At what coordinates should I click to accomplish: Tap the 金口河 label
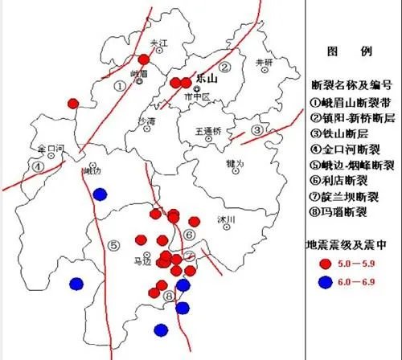tap(49, 149)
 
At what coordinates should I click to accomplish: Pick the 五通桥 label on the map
tap(207, 130)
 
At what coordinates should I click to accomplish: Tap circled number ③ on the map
tap(256, 130)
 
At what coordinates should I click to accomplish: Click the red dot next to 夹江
tap(145, 59)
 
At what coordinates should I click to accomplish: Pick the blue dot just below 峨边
tap(100, 194)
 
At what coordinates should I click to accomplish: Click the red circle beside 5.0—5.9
tap(326, 263)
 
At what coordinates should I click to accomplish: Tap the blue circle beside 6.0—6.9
tap(326, 281)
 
